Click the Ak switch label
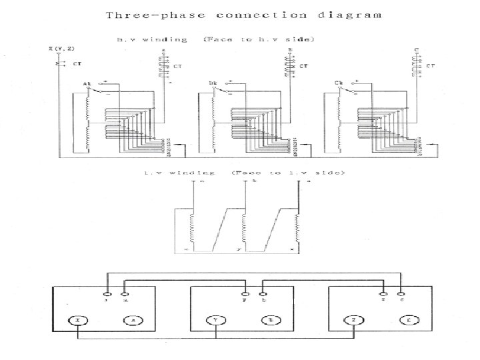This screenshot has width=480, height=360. coord(87,84)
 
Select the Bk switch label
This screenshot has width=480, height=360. coord(213,84)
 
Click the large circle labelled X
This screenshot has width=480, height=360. coord(78,321)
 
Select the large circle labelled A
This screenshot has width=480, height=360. coord(132,321)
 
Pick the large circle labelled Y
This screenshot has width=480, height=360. coord(215,321)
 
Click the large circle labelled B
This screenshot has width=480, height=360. coord(270,321)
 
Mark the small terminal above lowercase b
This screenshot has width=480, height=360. coord(263,292)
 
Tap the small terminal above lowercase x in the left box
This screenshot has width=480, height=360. coord(107,292)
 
